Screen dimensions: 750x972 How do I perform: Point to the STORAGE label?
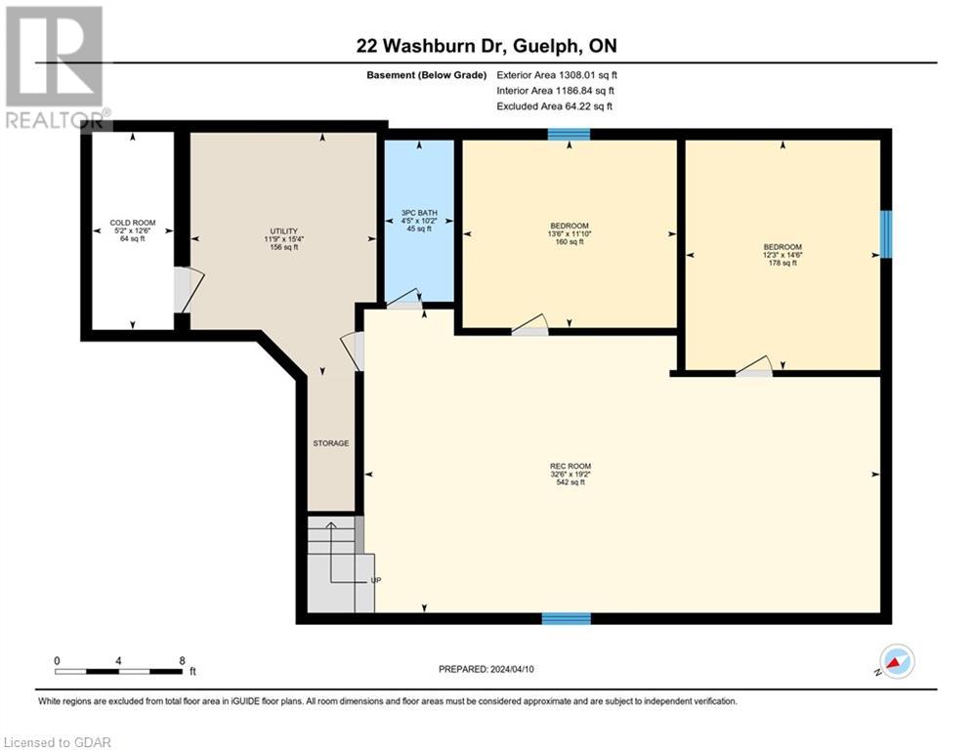(331, 443)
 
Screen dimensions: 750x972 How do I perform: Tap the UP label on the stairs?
(375, 580)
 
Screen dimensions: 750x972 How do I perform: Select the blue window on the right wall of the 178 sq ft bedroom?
(886, 234)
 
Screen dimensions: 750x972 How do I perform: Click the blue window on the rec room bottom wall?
(567, 618)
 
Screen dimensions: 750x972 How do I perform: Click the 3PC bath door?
(403, 300)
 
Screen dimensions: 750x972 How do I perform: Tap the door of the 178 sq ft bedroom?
(754, 367)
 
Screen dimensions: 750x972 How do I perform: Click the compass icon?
(896, 661)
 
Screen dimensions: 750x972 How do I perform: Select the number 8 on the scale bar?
(182, 660)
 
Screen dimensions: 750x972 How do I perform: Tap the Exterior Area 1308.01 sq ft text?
(557, 74)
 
